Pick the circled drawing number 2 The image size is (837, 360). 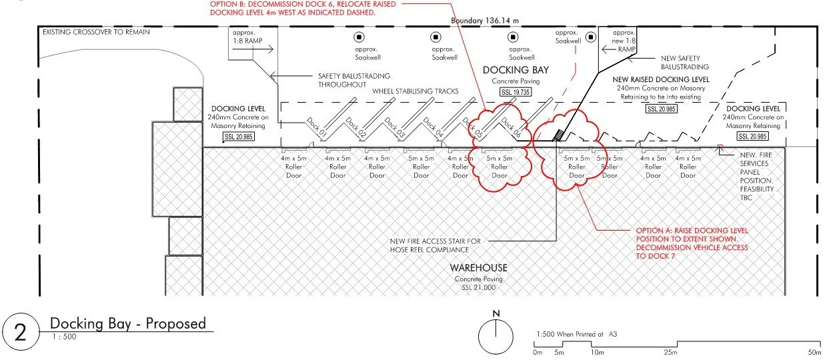[x=20, y=332]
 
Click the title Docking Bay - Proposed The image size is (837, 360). [x=128, y=323]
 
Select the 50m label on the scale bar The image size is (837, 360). [x=814, y=352]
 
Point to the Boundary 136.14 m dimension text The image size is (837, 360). [x=485, y=21]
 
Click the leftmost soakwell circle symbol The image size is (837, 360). [x=359, y=37]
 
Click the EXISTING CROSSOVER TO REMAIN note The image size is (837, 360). [x=96, y=31]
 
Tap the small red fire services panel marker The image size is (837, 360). [x=720, y=145]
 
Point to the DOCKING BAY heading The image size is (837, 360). [x=514, y=71]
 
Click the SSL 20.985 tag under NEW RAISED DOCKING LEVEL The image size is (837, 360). [x=662, y=108]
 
